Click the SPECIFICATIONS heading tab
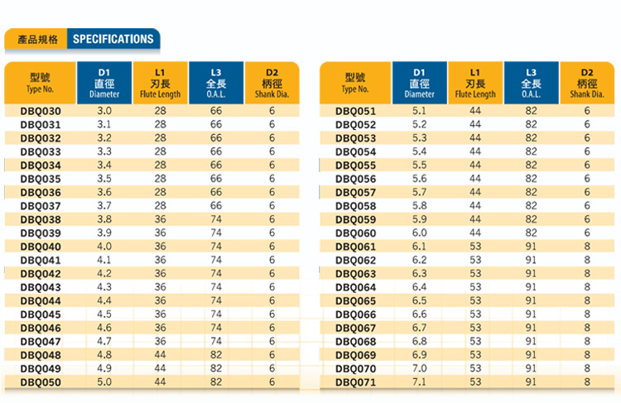tap(113, 39)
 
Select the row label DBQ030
tap(41, 111)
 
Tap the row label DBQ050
tap(41, 381)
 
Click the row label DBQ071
tap(355, 381)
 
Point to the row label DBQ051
tap(355, 111)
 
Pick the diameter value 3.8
tap(104, 219)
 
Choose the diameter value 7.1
tap(419, 381)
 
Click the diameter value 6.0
tap(419, 233)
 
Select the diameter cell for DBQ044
tap(104, 300)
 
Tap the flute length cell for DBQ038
tap(160, 219)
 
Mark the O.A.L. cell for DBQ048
tap(216, 355)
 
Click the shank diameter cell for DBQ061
tap(587, 247)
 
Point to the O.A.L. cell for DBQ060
tap(531, 233)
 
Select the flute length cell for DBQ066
tap(475, 314)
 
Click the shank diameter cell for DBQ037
tap(272, 206)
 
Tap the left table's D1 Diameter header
tap(104, 83)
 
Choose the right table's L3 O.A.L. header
tap(531, 83)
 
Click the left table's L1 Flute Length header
tap(160, 83)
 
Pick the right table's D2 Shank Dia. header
tap(587, 83)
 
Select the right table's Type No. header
tap(355, 83)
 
